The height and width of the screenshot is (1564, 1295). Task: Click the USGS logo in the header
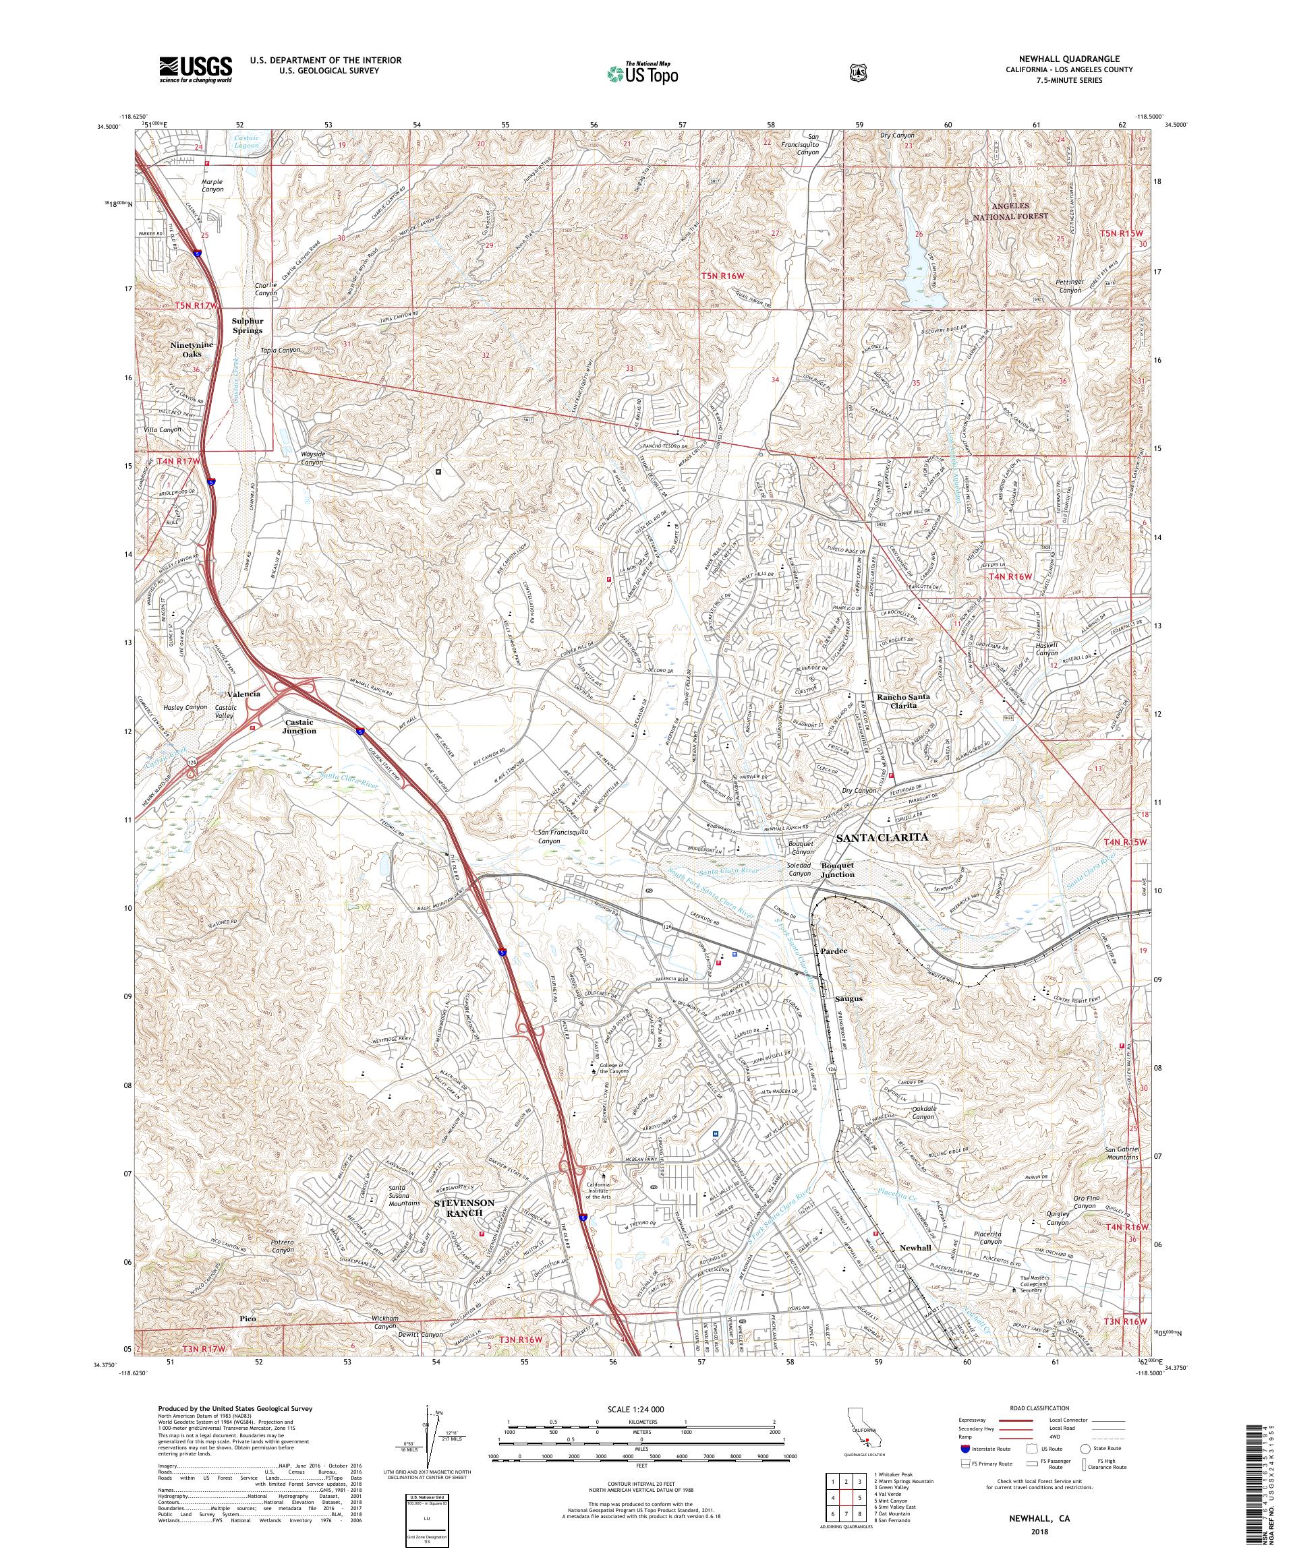[195, 70]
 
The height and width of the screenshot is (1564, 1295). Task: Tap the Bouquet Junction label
[838, 870]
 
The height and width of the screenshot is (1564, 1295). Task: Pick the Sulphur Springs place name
[247, 326]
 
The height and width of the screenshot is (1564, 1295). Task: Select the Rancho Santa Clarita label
[903, 701]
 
